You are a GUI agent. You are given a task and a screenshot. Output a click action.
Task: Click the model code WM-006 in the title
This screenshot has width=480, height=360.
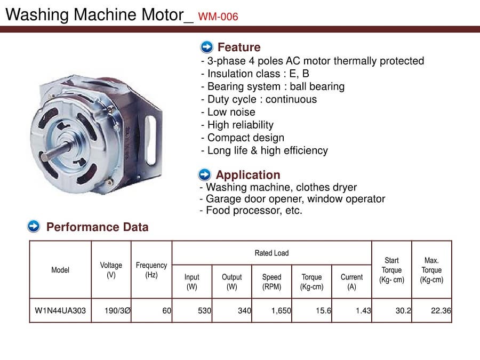pyautogui.click(x=218, y=17)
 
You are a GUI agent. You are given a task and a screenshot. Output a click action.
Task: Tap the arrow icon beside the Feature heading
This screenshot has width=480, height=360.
pyautogui.click(x=206, y=47)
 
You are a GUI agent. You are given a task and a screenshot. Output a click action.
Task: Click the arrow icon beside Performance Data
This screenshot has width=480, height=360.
pyautogui.click(x=34, y=227)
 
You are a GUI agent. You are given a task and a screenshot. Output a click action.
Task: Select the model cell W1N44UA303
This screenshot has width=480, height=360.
pyautogui.click(x=60, y=310)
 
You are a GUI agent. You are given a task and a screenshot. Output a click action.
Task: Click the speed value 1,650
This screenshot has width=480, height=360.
pyautogui.click(x=276, y=310)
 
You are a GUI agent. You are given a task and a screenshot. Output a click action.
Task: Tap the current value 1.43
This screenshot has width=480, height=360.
pyautogui.click(x=363, y=310)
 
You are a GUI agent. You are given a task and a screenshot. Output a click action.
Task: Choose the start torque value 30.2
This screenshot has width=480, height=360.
pyautogui.click(x=403, y=310)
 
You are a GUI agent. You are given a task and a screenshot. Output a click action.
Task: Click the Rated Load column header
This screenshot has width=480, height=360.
pyautogui.click(x=271, y=253)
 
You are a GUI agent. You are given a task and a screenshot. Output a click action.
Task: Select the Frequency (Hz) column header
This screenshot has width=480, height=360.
pyautogui.click(x=151, y=270)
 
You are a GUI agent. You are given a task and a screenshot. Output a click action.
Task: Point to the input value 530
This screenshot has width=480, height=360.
pyautogui.click(x=204, y=310)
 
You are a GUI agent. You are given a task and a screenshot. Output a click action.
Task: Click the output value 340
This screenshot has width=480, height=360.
pyautogui.click(x=244, y=310)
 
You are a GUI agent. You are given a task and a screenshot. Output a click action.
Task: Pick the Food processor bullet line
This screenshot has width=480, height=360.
pyautogui.click(x=251, y=210)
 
